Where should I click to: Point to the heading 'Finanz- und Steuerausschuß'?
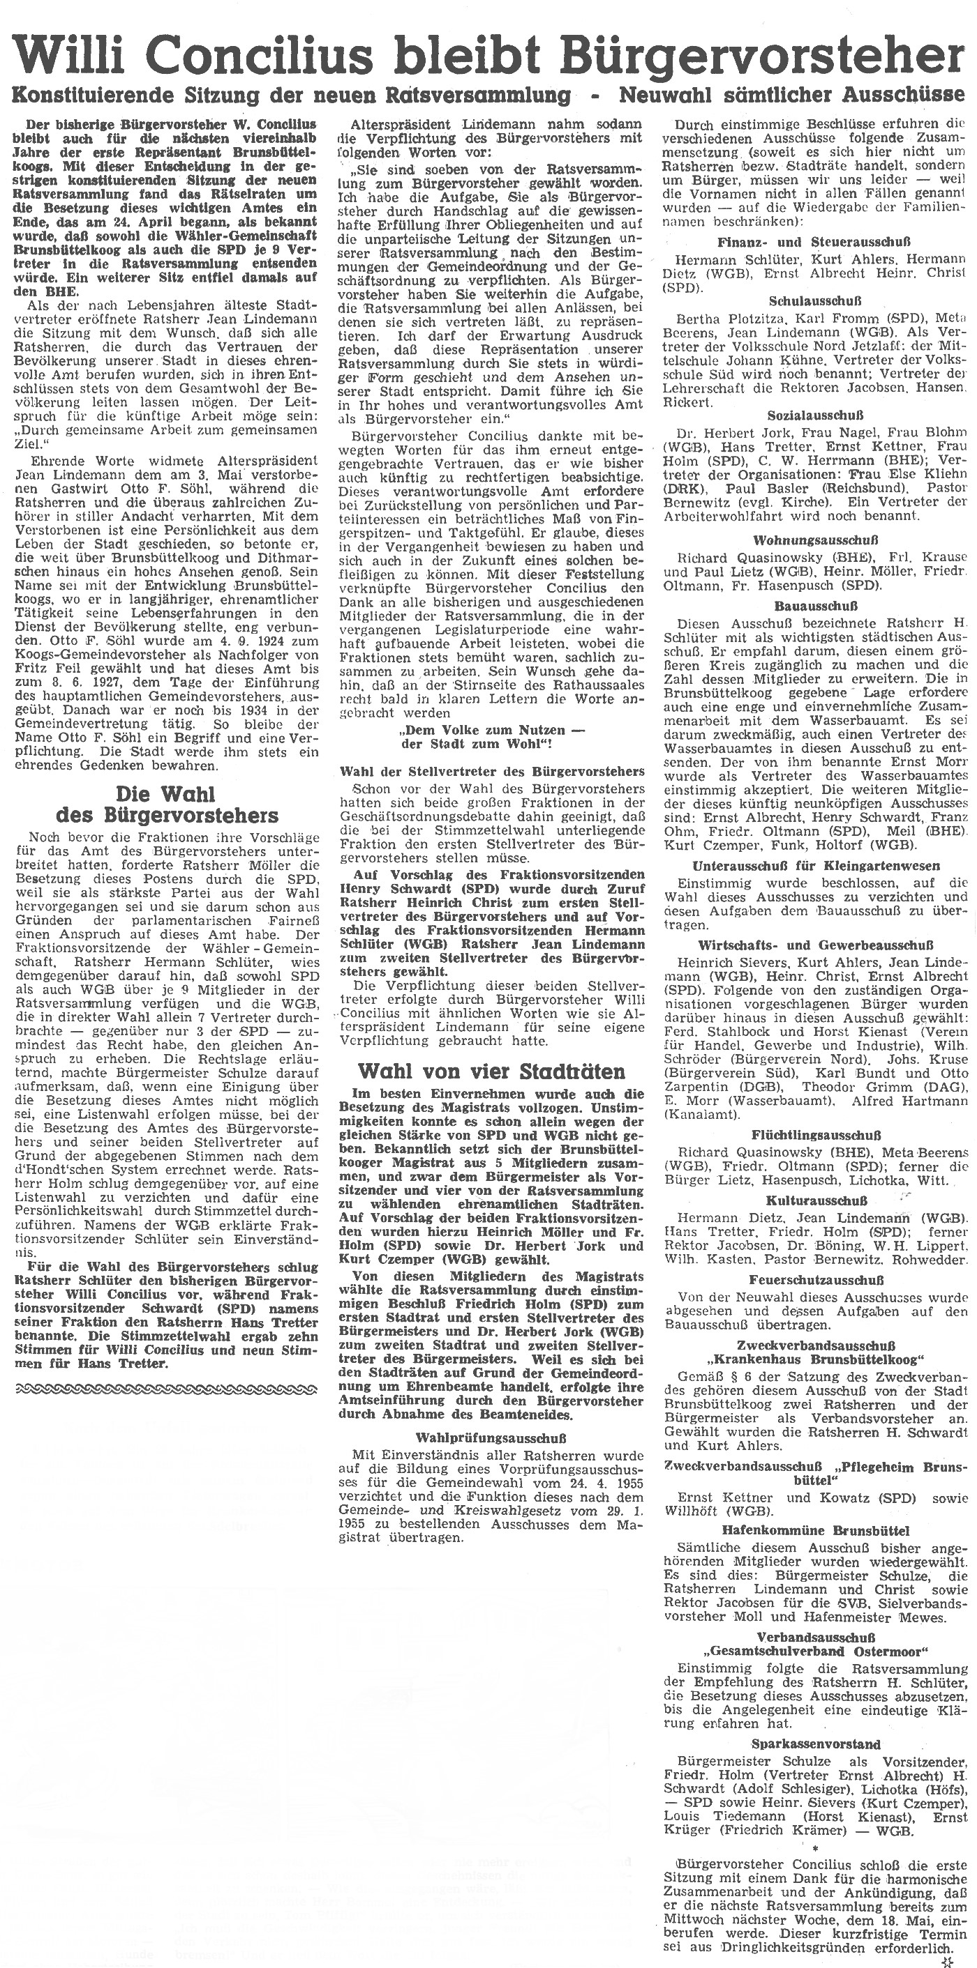coord(816,242)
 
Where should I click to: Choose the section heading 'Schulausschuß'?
coord(816,301)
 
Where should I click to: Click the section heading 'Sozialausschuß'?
coord(816,415)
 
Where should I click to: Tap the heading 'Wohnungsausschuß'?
coord(816,540)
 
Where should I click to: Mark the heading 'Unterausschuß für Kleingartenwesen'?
coord(816,867)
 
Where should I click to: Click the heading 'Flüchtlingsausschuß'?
coord(816,1135)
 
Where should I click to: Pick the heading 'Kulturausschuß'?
coord(816,1200)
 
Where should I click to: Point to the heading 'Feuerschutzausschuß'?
coord(816,1280)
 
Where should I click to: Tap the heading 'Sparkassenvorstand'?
coord(816,1744)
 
